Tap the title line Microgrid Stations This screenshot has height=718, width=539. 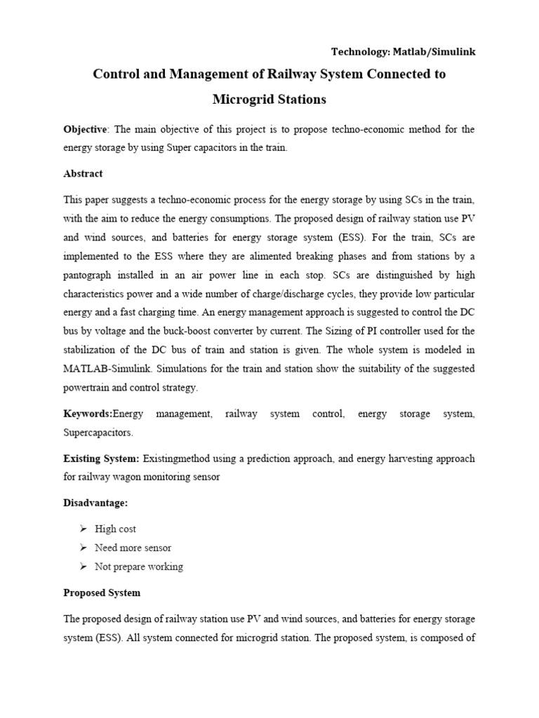(269, 100)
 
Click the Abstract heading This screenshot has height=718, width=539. (83, 173)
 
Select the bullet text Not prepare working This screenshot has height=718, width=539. (139, 566)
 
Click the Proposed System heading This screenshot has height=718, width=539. (102, 592)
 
